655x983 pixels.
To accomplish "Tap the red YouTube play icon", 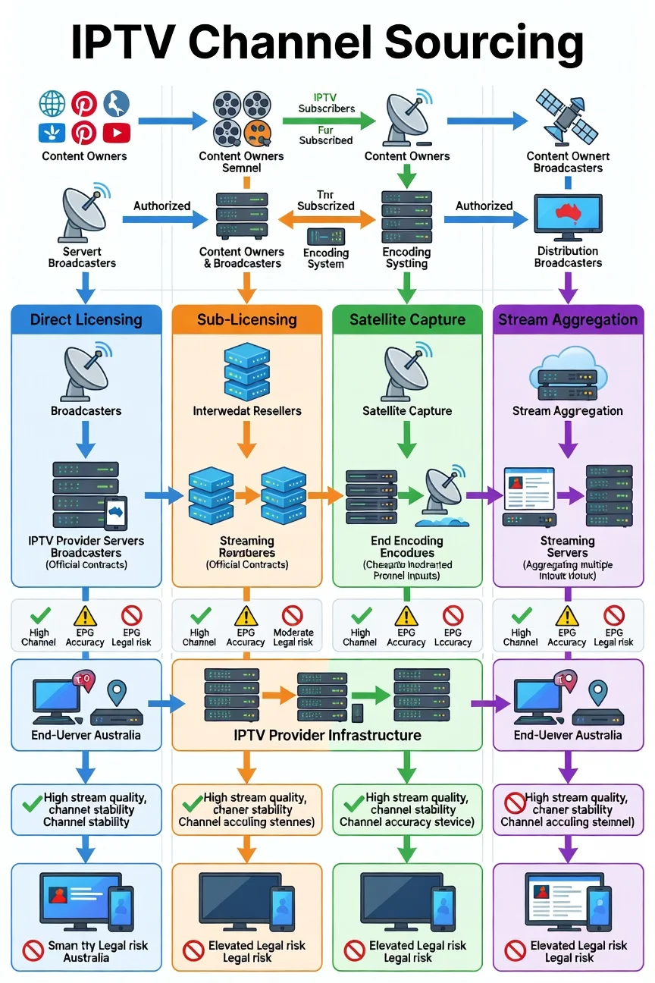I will coord(116,133).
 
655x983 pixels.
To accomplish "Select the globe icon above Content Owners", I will coord(52,104).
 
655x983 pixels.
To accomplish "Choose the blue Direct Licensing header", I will coord(86,319).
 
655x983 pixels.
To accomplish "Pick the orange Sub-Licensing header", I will coord(247,319).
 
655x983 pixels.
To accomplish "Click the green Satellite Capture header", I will coord(408,319).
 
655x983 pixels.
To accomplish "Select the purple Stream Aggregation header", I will coord(568,319).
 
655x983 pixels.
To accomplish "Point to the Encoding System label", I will coord(326,258).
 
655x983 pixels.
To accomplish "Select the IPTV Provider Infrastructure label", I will coord(327,735).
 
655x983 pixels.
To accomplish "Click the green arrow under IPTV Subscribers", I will coord(328,120).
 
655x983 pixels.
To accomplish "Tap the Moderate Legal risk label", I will coord(293,637).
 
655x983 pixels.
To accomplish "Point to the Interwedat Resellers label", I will coord(247,411).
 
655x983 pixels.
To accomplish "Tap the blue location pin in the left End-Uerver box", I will coord(116,692).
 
